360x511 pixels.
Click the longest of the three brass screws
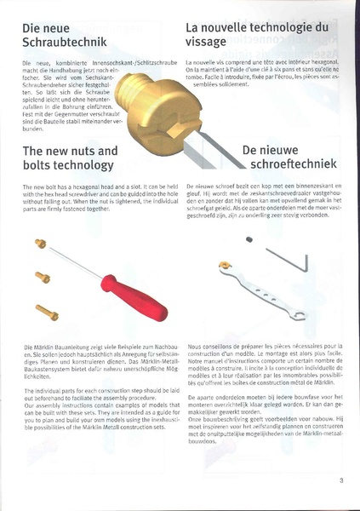pyautogui.click(x=47, y=313)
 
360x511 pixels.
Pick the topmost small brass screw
pyautogui.click(x=39, y=244)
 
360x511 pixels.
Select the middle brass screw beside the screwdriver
pyautogui.click(x=43, y=277)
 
